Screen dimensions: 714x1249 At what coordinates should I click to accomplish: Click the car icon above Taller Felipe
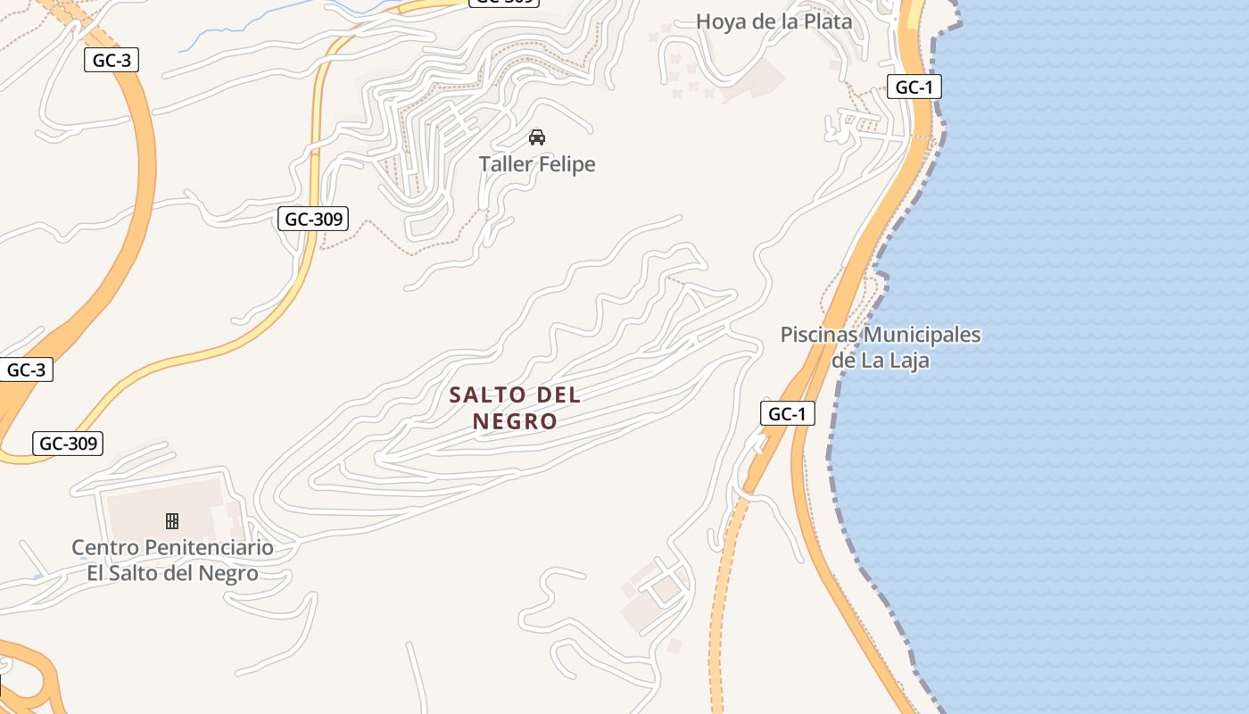[537, 137]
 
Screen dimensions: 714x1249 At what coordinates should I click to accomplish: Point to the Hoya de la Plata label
[773, 21]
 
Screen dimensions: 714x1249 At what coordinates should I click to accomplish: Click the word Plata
[826, 21]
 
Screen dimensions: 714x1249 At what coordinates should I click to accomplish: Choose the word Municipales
[923, 336]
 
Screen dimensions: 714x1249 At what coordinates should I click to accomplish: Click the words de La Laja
[881, 361]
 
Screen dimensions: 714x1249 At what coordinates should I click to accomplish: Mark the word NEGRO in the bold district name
[515, 421]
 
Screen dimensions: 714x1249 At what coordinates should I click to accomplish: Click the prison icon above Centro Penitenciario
[172, 520]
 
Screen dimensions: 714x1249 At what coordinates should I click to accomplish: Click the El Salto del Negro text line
[172, 573]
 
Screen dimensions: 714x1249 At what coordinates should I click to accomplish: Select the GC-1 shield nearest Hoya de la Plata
[914, 87]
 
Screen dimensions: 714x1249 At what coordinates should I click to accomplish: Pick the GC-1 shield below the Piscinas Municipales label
[788, 413]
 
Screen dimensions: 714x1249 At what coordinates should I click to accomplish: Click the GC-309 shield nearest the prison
[68, 443]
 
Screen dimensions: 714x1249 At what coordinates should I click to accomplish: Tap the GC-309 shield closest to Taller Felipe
[312, 219]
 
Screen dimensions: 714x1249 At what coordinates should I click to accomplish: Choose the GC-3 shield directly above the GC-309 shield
[27, 369]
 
